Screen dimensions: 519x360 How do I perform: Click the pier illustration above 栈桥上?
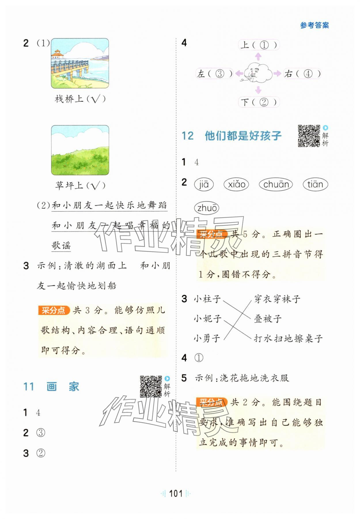click(x=80, y=63)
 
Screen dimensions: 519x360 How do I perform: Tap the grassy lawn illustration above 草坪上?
click(x=80, y=150)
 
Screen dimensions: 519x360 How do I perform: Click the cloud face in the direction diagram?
click(x=258, y=74)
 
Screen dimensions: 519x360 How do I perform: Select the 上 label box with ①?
click(x=259, y=45)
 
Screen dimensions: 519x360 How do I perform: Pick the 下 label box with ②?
click(x=259, y=102)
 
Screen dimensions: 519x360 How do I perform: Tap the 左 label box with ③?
click(x=215, y=74)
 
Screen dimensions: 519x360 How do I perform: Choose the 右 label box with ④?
click(x=302, y=74)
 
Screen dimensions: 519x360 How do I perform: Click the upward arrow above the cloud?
click(x=258, y=56)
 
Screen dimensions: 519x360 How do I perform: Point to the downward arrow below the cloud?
click(x=258, y=90)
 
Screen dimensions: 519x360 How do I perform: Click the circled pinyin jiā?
click(x=204, y=184)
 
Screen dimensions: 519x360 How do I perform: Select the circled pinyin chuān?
click(x=276, y=184)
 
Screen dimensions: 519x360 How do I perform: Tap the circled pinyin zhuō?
click(x=206, y=208)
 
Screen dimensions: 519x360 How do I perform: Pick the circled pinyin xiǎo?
click(x=236, y=184)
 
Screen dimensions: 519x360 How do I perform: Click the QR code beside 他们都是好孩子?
click(x=309, y=136)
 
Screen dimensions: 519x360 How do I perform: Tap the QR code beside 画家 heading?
click(x=151, y=386)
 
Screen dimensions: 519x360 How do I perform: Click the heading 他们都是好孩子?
click(x=243, y=136)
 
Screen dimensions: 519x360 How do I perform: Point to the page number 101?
click(x=176, y=494)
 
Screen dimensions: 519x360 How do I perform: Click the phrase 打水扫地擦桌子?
click(x=288, y=339)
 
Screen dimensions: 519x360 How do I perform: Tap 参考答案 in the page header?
click(x=314, y=25)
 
